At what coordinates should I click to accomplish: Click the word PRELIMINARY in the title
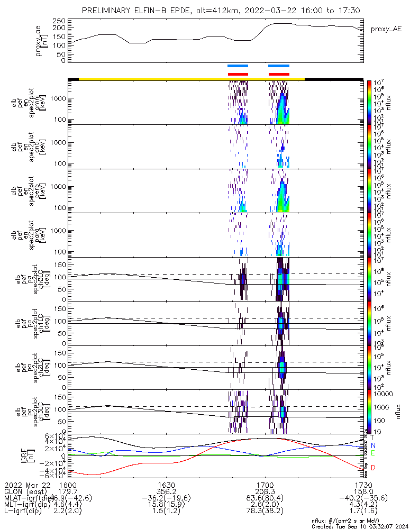[108, 11]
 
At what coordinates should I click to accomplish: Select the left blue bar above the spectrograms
[238, 66]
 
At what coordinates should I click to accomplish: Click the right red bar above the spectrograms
[279, 74]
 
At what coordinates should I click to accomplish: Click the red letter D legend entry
[372, 468]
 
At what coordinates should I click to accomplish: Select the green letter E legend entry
[372, 453]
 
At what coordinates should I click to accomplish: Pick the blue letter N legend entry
[372, 445]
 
